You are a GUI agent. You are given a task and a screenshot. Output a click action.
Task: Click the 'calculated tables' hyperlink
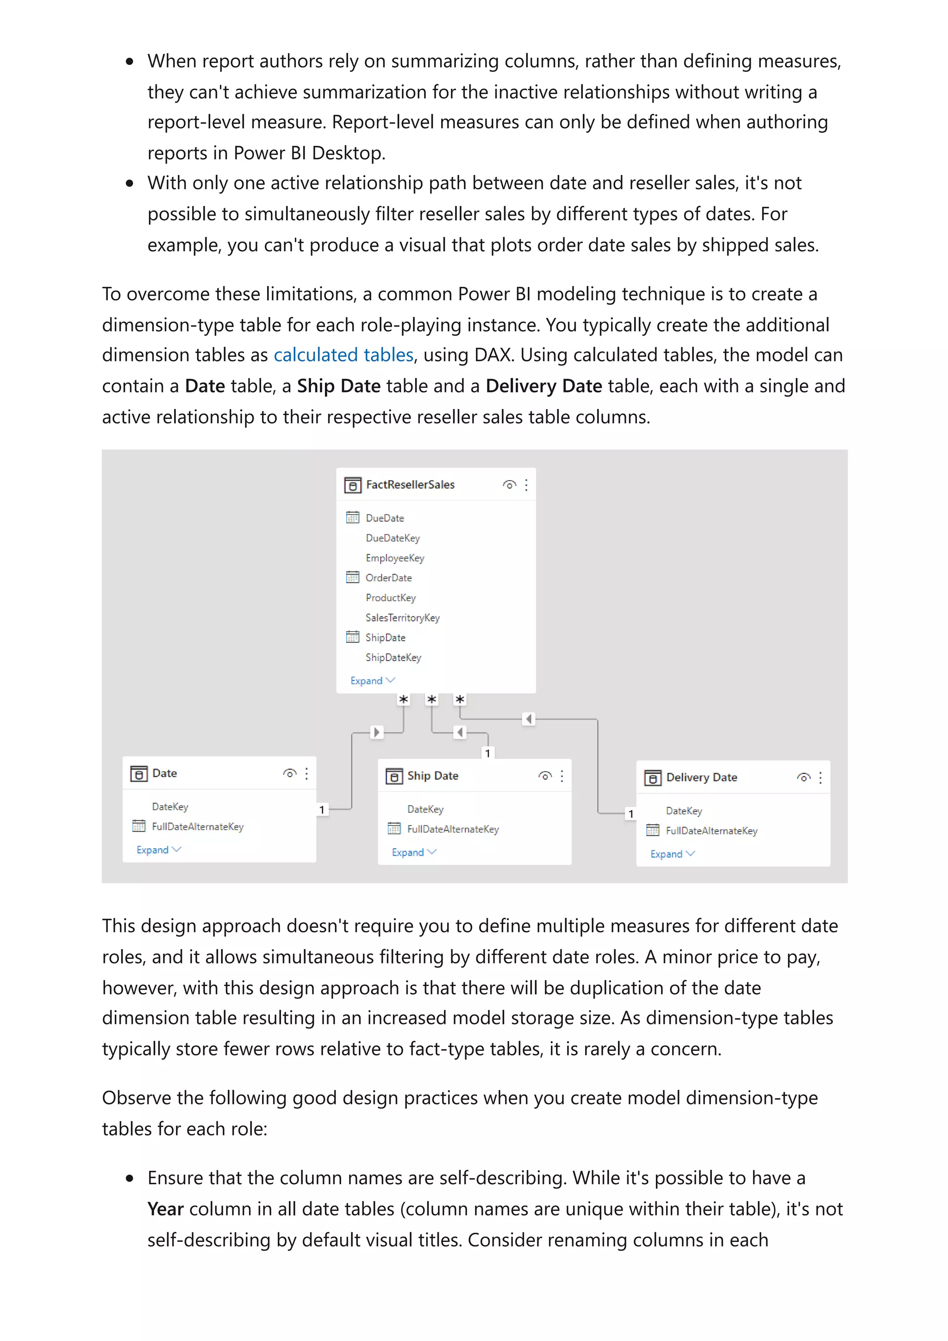(343, 355)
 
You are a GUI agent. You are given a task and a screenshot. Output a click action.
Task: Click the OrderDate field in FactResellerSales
(388, 577)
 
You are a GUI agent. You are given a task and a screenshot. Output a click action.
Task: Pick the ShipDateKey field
(393, 658)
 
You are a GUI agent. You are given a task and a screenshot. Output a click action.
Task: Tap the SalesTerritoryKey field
(402, 618)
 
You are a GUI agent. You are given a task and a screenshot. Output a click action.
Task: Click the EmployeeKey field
(395, 558)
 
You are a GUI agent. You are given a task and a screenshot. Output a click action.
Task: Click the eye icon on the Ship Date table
(545, 776)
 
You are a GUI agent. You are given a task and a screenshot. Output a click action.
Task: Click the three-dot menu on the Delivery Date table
(821, 777)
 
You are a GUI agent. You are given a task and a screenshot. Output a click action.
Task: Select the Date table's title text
(165, 773)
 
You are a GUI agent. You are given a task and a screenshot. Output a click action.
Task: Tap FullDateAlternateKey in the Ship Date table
(453, 829)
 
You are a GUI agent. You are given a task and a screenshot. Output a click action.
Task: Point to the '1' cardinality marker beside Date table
(322, 809)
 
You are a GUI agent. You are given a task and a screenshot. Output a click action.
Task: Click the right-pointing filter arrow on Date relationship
(377, 733)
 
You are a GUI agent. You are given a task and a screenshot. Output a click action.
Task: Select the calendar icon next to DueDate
(353, 517)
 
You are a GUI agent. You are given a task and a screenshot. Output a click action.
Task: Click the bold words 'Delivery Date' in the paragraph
(543, 386)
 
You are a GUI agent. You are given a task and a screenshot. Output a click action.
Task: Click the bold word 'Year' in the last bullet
(165, 1209)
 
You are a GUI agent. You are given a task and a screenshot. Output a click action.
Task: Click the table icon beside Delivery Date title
(652, 778)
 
